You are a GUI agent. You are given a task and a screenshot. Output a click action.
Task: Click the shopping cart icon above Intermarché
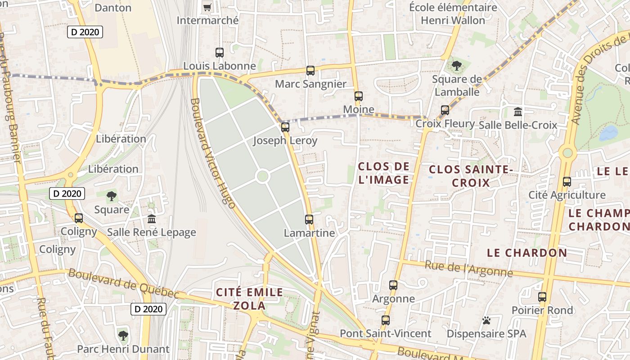207,7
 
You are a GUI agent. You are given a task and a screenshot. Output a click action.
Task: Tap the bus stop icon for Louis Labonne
220,53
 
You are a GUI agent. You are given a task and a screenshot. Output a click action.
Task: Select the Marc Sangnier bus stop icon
310,71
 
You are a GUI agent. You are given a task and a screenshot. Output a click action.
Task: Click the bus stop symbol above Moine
358,96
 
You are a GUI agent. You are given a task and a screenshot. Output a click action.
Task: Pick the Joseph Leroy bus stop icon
285,127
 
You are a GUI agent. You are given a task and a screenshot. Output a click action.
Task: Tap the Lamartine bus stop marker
309,220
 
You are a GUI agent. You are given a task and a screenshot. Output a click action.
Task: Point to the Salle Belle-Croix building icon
517,112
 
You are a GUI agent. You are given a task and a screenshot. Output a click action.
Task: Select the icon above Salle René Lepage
152,219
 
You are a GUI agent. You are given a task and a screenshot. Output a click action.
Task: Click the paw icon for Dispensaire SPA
486,320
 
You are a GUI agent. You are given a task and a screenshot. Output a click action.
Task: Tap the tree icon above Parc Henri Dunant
123,335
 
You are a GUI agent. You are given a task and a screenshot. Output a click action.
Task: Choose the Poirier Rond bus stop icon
542,297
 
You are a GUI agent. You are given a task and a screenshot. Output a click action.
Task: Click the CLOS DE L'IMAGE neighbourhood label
384,173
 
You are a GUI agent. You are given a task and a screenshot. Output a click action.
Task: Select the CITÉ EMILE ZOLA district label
250,299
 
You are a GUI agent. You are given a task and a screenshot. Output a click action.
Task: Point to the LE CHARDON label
527,253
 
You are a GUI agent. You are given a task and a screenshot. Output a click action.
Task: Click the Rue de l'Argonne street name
468,269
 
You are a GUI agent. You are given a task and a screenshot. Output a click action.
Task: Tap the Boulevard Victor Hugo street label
212,153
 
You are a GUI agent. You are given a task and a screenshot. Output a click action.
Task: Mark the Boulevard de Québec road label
124,283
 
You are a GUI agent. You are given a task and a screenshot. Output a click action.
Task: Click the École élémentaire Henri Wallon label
453,14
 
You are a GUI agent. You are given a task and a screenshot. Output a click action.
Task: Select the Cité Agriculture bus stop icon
567,182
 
